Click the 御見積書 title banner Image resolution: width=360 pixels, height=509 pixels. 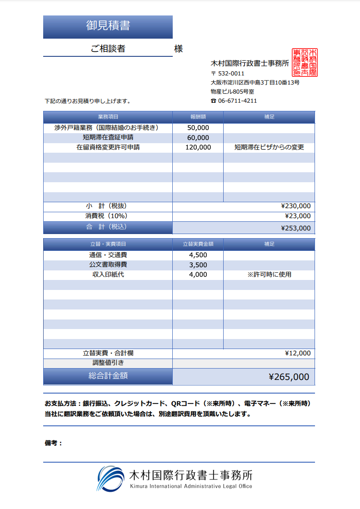[108, 26]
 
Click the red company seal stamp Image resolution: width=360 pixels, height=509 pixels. [305, 62]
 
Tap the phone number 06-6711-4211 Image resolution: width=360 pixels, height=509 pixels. [237, 101]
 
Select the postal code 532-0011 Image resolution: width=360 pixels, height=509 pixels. [231, 74]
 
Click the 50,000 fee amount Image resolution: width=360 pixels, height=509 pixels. [198, 128]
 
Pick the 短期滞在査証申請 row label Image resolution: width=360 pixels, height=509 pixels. [108, 137]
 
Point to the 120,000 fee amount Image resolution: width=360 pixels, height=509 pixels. [198, 147]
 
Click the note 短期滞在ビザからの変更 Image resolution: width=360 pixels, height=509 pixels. [269, 147]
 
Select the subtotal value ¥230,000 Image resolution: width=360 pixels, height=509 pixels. [296, 206]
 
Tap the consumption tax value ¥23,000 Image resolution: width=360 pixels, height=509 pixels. [298, 216]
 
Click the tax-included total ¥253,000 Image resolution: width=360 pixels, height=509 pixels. [296, 228]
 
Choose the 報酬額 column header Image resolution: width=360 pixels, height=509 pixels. [198, 117]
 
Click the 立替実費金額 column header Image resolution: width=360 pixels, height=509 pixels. [198, 244]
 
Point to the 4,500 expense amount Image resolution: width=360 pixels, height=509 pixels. [198, 255]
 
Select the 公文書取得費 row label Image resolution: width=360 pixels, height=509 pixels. [108, 264]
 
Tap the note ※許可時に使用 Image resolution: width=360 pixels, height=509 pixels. [269, 274]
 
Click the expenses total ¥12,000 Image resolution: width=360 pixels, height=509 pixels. [298, 353]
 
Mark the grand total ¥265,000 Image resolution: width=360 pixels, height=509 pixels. [289, 377]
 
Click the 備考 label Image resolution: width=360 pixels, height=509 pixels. [53, 443]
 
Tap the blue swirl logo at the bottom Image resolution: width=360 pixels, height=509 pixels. [110, 479]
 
